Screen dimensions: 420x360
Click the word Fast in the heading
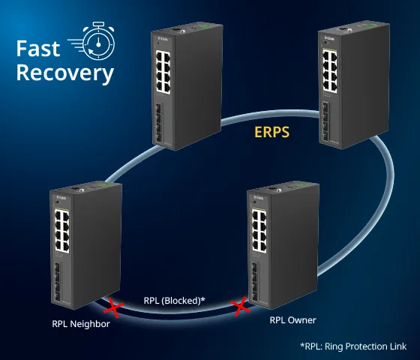click(38, 49)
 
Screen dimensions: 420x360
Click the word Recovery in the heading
click(65, 73)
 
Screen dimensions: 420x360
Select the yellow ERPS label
click(271, 132)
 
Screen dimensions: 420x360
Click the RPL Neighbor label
click(81, 324)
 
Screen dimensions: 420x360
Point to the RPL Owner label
click(292, 320)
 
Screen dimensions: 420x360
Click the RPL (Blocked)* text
click(174, 301)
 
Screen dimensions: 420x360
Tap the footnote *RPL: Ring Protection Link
click(353, 346)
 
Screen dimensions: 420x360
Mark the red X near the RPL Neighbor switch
click(113, 308)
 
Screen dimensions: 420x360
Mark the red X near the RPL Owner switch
click(240, 306)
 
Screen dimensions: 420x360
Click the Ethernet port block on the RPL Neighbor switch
click(61, 232)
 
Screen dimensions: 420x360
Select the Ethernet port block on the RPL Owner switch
click(259, 231)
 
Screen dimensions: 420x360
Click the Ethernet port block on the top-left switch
click(163, 72)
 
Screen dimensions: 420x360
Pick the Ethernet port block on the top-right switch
click(330, 70)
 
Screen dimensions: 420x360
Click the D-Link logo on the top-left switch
click(163, 39)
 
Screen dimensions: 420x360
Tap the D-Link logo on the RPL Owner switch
click(259, 198)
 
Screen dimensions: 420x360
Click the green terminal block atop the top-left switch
click(205, 27)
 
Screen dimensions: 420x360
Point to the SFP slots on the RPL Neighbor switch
click(58, 281)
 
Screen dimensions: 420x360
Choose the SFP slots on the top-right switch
click(326, 121)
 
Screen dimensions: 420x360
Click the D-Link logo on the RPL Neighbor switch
click(61, 198)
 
